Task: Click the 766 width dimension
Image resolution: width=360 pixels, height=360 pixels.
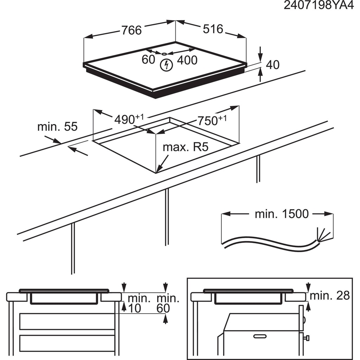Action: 131,31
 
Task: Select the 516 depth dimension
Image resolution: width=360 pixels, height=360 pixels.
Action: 213,29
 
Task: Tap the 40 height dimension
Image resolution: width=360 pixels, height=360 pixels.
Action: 272,65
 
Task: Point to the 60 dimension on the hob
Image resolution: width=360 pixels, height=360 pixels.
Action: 148,60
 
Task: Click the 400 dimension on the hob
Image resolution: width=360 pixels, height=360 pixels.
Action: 187,60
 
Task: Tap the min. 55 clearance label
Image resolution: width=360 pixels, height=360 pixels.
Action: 57,127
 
